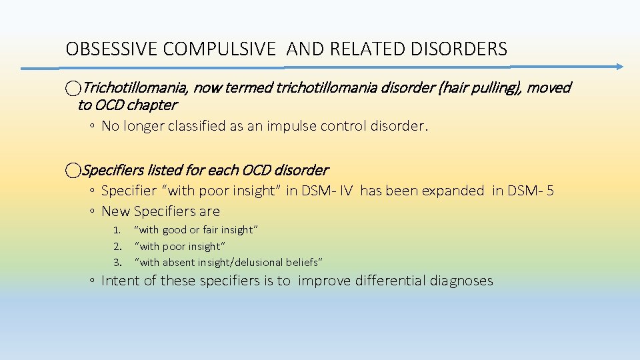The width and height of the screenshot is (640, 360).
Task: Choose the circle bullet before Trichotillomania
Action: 73,88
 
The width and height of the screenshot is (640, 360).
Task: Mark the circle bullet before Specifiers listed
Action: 73,171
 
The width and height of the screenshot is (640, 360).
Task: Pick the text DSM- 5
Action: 531,191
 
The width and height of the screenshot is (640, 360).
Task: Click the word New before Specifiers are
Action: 115,211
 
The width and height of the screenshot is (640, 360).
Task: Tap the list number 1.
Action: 116,230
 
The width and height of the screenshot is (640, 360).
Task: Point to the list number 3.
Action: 116,263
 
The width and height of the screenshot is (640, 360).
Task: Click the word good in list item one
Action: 175,230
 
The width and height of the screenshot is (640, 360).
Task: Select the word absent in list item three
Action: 179,263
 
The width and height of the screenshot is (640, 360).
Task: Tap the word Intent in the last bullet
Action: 120,281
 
